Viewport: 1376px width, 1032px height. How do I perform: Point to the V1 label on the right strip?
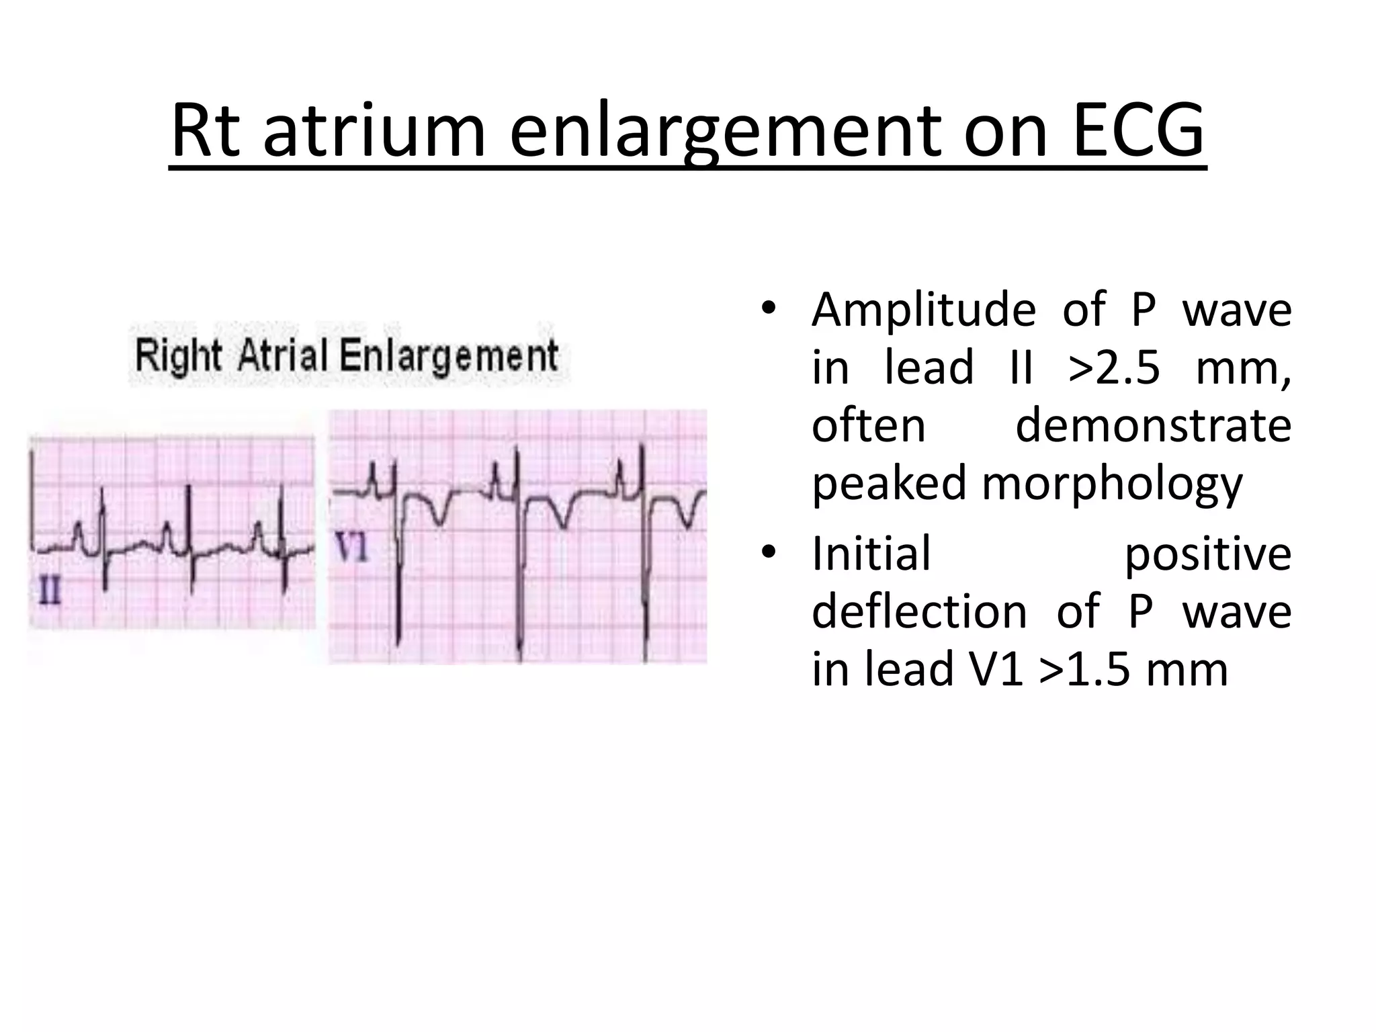coord(352,548)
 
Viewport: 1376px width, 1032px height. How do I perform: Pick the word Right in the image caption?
coord(178,356)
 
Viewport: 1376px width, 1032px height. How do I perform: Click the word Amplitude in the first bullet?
coord(923,310)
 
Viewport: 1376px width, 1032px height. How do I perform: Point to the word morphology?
coord(1112,484)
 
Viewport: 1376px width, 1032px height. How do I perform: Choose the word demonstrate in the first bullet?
coord(1153,425)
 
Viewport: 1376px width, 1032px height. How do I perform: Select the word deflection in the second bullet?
coord(919,611)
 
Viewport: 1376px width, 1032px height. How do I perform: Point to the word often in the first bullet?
coord(869,425)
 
